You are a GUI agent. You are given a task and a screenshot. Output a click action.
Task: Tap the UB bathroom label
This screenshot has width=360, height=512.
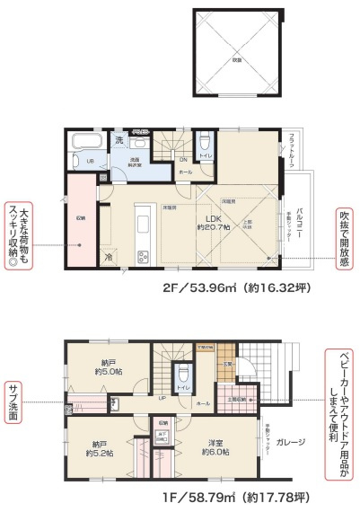coord(90,161)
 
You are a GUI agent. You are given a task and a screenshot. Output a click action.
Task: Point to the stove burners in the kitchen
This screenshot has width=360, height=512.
coord(141,259)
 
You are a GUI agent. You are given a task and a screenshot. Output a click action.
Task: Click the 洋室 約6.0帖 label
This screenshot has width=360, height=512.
coord(215,447)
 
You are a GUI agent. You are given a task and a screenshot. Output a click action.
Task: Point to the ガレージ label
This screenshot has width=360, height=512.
coord(291,441)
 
